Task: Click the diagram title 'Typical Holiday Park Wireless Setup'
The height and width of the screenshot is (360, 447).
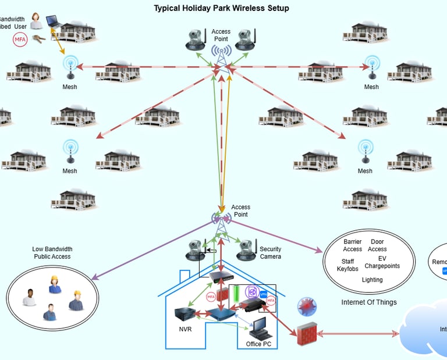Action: (x=221, y=8)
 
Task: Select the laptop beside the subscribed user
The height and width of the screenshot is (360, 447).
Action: (x=54, y=20)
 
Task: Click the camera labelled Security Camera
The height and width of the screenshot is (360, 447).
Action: (x=247, y=249)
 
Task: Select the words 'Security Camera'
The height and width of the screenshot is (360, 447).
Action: (x=271, y=253)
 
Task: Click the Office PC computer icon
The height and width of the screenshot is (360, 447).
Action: (x=258, y=329)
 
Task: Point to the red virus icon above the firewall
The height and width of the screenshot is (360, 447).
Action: (x=306, y=306)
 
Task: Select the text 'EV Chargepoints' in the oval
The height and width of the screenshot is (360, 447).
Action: (x=382, y=262)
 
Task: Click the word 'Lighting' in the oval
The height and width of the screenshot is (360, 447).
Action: (x=372, y=280)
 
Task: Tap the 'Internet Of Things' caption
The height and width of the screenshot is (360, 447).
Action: (x=369, y=302)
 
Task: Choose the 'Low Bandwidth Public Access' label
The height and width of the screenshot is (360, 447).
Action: (x=52, y=252)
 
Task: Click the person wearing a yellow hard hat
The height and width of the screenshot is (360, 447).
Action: (x=55, y=284)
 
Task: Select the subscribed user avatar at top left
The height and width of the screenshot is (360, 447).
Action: (x=36, y=20)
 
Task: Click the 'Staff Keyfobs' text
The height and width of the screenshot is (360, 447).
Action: (x=347, y=265)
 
